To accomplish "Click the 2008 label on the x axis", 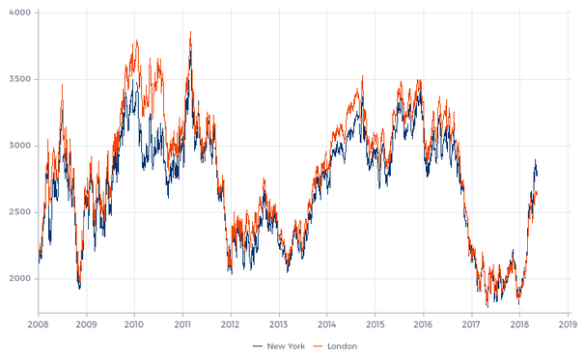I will [x=39, y=325].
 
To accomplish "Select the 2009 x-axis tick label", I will [x=87, y=325].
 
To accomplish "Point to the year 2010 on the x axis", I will [x=134, y=325].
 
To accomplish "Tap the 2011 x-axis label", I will [x=182, y=325].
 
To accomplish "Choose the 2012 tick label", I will [x=231, y=325].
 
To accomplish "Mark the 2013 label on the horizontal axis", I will [x=279, y=325].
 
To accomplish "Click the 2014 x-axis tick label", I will [x=327, y=325].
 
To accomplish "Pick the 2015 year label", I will [x=376, y=325].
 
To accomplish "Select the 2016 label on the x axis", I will [x=423, y=325].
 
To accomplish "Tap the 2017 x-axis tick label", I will [x=471, y=325].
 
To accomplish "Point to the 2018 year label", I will [x=519, y=325].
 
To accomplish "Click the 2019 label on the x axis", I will [x=568, y=325].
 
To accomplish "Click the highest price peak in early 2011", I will [x=190, y=33].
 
